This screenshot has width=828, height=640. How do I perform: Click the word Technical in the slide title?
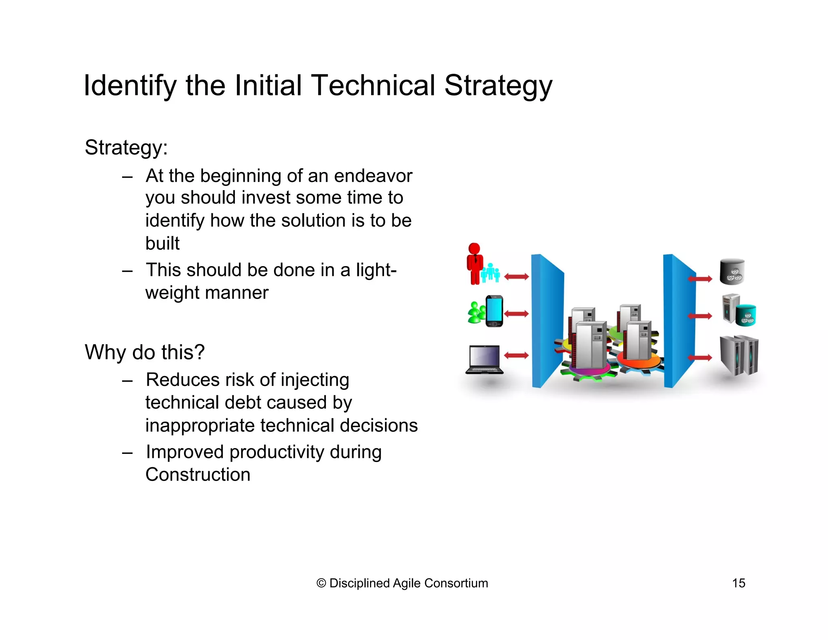pos(373,86)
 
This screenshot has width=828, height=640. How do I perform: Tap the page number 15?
pos(738,583)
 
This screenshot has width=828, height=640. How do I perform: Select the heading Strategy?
pos(126,147)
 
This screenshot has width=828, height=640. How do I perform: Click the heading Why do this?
pos(144,352)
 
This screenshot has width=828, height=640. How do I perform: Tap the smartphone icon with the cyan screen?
pos(494,311)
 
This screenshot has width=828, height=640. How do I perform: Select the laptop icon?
pos(485,360)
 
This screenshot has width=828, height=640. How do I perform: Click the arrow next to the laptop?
pos(516,356)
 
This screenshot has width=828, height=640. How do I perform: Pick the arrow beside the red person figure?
pos(516,277)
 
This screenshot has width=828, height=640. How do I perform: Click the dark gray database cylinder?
pos(732,272)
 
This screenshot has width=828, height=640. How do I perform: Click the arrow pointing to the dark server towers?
pos(700,358)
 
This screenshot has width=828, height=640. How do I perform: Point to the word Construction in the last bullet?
pos(198,475)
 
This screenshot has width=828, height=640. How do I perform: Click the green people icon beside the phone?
pos(476,313)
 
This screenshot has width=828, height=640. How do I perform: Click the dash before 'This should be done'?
pos(127,270)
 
